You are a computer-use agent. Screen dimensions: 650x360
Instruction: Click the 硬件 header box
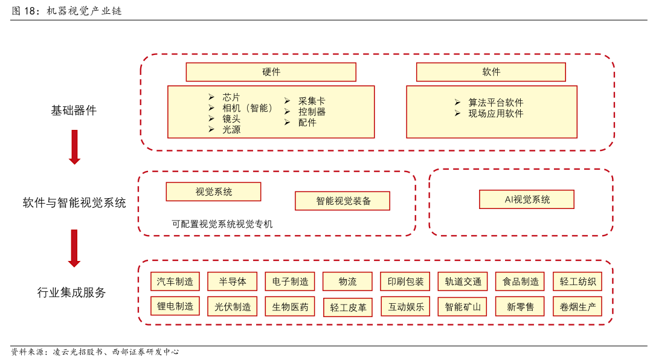(271, 72)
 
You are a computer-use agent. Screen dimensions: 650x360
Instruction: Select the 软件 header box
(491, 72)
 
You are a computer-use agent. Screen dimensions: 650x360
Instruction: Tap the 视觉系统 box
(213, 191)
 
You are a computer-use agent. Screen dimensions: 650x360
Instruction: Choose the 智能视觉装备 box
(343, 201)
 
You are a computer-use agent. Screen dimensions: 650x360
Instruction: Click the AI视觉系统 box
(527, 199)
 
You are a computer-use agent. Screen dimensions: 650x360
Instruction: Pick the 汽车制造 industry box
(175, 281)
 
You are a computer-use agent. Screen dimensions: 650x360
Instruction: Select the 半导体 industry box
(232, 281)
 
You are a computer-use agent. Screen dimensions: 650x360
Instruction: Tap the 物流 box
(347, 281)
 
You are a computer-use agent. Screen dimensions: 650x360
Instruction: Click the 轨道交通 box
(463, 281)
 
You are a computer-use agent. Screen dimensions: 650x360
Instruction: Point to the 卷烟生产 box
(578, 307)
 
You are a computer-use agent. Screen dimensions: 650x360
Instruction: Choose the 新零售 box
(520, 307)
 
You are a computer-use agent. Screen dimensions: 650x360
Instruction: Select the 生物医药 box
(290, 307)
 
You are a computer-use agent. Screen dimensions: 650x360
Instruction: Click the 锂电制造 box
(175, 306)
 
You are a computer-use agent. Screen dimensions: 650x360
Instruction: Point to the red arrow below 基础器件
(75, 147)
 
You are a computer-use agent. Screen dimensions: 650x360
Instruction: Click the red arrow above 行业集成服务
(74, 248)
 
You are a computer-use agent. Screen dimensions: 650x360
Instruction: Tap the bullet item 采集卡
(312, 101)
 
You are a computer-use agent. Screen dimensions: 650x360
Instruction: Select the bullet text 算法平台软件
(496, 102)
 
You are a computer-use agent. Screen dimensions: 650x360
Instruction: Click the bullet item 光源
(231, 129)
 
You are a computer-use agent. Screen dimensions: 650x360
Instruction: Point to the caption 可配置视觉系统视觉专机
(222, 224)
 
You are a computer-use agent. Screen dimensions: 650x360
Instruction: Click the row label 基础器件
(74, 110)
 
